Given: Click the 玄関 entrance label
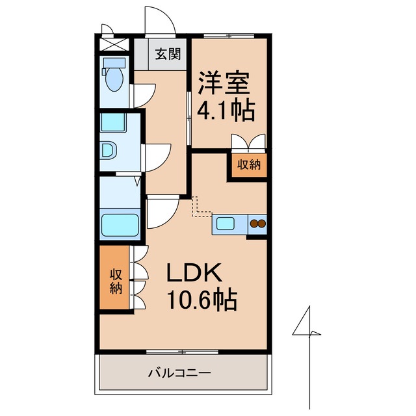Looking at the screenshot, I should click(x=168, y=54).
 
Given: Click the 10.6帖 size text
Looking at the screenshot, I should click(x=202, y=300).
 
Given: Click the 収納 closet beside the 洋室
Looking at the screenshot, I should click(x=248, y=164).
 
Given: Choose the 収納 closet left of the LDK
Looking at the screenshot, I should click(x=116, y=279).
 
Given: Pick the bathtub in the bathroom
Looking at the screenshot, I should click(x=121, y=225).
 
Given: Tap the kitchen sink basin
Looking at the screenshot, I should click(x=226, y=224).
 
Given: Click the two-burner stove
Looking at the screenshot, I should click(x=258, y=224).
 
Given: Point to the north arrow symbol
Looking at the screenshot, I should click(x=308, y=331).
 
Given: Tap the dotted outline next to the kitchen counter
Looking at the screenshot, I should click(x=201, y=207).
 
